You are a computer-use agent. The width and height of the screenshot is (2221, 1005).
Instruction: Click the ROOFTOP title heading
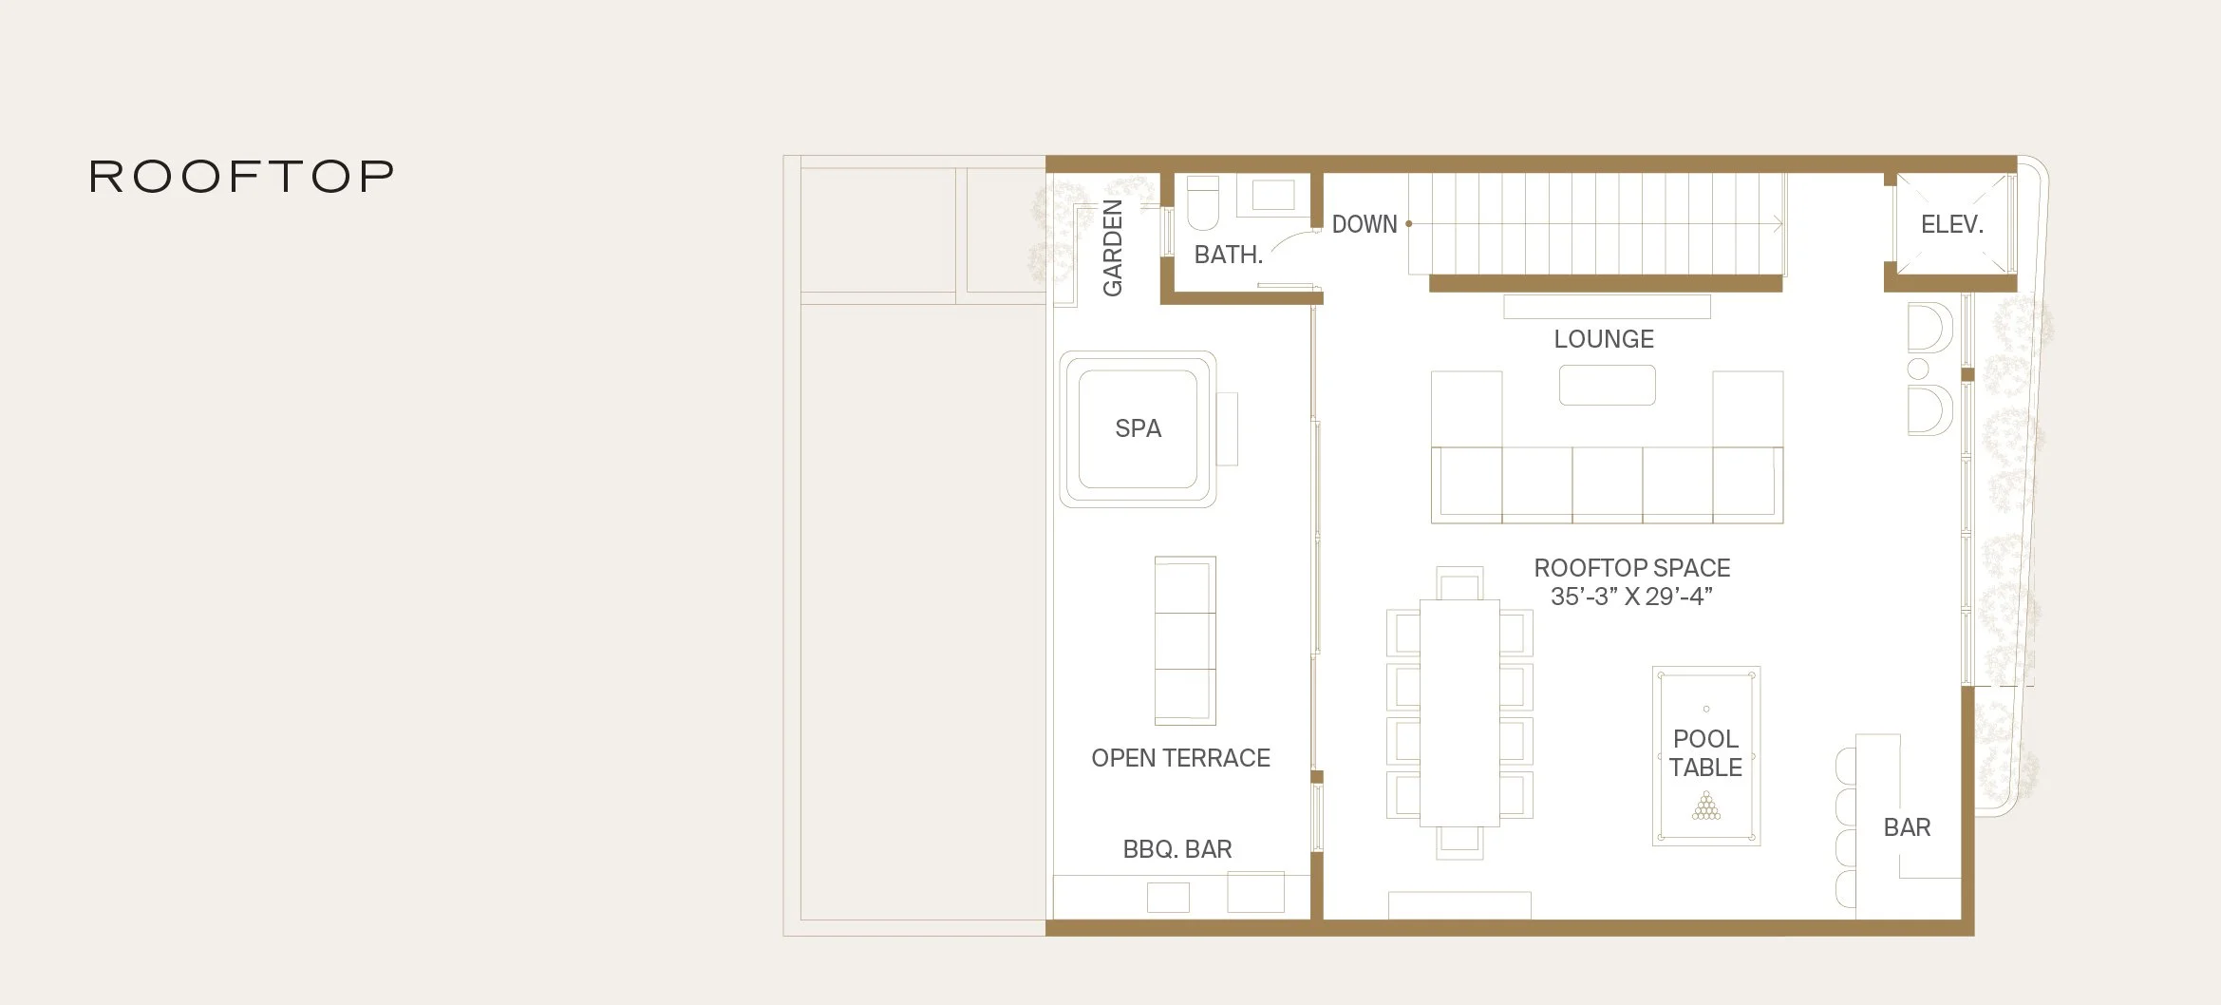(x=241, y=177)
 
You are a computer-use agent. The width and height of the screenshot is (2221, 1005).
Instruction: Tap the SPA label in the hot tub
(x=1138, y=428)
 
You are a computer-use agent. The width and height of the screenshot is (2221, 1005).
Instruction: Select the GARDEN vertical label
(x=1112, y=248)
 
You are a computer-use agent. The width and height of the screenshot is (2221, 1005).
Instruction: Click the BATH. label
(x=1228, y=255)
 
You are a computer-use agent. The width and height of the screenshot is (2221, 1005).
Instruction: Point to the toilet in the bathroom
(x=1203, y=202)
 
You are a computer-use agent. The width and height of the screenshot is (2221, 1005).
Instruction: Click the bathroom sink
(x=1272, y=195)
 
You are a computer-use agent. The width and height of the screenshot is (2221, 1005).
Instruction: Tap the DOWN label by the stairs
(x=1365, y=224)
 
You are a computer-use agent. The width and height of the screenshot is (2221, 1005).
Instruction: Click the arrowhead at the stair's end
(x=1778, y=224)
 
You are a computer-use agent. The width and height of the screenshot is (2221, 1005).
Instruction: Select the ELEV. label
(x=1952, y=224)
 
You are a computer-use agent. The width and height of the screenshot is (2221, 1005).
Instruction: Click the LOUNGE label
(x=1604, y=339)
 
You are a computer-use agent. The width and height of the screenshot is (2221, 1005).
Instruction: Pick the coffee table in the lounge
(x=1607, y=385)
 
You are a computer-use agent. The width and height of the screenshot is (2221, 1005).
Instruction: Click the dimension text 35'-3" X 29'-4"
(x=1631, y=597)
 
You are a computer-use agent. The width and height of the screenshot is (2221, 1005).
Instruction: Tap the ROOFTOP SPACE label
(x=1632, y=568)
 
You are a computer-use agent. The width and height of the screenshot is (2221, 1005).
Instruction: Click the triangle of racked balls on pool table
(x=1706, y=806)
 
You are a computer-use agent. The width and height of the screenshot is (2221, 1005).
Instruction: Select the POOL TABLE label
(x=1706, y=753)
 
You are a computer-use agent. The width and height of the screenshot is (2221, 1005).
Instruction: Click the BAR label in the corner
(x=1907, y=827)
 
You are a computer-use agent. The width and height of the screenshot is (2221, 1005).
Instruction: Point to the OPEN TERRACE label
(x=1180, y=758)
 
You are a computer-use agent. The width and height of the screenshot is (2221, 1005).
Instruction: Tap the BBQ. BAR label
(x=1177, y=849)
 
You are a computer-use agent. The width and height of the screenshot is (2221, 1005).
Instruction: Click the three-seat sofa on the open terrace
(x=1185, y=641)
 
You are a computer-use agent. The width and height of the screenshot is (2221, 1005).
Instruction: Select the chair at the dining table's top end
(x=1459, y=582)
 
